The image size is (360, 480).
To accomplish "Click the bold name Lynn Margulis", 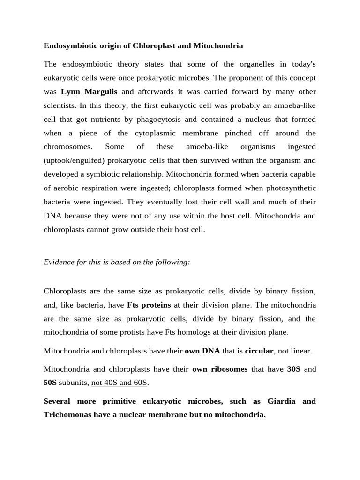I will [89, 91].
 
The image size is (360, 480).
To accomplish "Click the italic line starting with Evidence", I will [117, 262].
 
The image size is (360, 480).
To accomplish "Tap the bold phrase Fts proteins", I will [149, 305].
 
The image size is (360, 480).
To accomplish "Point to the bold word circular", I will [259, 351].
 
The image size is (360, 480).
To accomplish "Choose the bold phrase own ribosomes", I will [220, 369].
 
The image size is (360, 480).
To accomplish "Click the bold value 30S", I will [294, 369].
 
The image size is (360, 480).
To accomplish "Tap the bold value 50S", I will [50, 382].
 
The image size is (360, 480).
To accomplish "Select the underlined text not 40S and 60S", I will [120, 382].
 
